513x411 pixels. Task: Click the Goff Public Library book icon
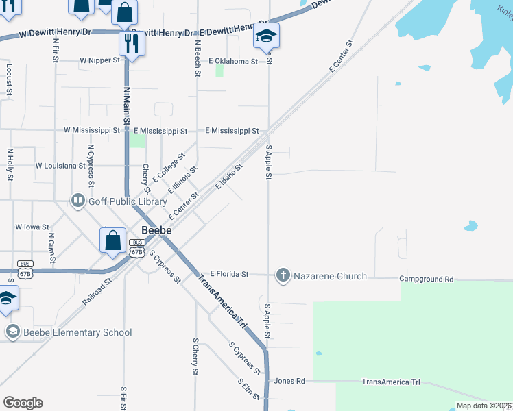pos(77,201)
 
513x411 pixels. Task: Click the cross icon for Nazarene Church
pos(283,275)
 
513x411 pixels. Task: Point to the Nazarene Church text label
pos(330,276)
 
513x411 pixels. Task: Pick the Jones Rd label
pos(289,381)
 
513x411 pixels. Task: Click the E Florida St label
pos(229,274)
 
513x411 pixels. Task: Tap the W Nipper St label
pos(99,60)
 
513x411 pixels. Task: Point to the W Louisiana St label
pos(60,165)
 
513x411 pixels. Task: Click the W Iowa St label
pos(32,227)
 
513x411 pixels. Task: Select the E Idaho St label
pos(229,177)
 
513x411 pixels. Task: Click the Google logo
pos(23,403)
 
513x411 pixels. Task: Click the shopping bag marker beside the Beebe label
pos(113,241)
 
